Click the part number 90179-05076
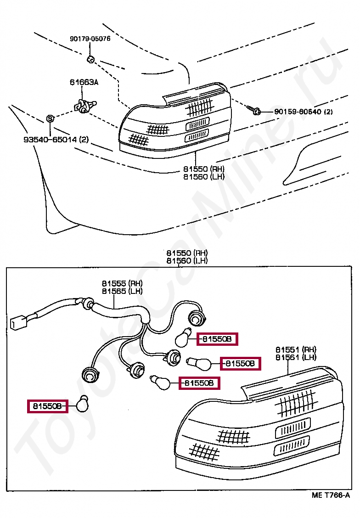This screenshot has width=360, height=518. [90, 39]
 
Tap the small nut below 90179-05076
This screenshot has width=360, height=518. [90, 59]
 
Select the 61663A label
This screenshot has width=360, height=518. [84, 83]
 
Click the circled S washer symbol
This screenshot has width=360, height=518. [50, 119]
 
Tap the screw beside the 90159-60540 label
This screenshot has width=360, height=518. [255, 111]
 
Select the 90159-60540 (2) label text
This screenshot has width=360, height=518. [304, 112]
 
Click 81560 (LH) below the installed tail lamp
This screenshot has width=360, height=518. [204, 177]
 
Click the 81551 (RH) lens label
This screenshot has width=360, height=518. [296, 349]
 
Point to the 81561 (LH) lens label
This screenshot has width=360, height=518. [296, 357]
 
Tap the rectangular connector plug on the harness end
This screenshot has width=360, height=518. [17, 323]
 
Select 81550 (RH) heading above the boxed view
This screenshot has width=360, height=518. [187, 253]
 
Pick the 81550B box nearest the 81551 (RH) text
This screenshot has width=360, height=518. [241, 364]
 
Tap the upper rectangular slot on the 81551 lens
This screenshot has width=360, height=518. [292, 428]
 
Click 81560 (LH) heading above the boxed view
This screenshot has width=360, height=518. [187, 260]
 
